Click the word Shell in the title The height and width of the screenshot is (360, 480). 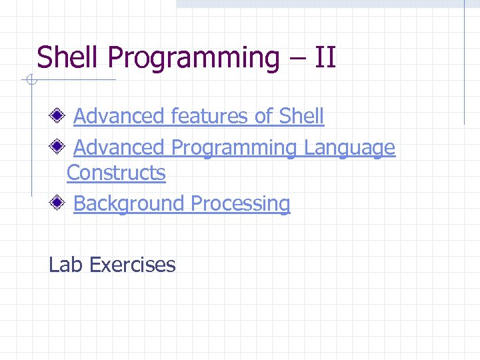click(69, 57)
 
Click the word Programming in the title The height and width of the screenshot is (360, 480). click(194, 59)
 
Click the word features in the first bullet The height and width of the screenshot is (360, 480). click(209, 116)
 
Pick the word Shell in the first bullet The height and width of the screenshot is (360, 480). click(301, 116)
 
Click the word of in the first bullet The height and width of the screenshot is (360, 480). click(263, 116)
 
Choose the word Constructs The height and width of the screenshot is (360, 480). click(116, 173)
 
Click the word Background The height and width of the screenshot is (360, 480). click(129, 204)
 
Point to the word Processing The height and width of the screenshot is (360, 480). click(241, 204)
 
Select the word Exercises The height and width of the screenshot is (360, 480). click(132, 265)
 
